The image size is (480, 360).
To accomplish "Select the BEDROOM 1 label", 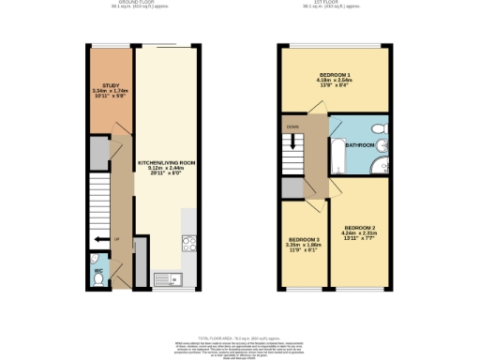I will click(335, 73).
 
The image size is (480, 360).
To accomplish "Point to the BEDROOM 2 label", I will click(360, 228).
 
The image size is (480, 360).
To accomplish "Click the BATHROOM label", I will click(360, 145).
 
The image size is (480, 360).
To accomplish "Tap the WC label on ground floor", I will click(98, 275).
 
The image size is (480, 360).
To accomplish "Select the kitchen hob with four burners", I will click(187, 244).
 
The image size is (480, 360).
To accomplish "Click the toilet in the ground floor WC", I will click(99, 262).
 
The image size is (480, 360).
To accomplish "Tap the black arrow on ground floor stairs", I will click(97, 240).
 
